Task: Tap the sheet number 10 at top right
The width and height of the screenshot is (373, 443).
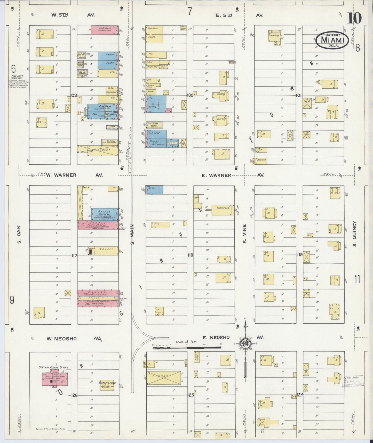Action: point(355,18)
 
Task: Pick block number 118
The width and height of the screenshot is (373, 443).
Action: point(190,255)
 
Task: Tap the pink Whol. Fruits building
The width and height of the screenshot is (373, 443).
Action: point(105,29)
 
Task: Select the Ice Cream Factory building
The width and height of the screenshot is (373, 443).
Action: point(154,125)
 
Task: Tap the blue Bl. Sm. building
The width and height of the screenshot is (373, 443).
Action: point(154,190)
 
